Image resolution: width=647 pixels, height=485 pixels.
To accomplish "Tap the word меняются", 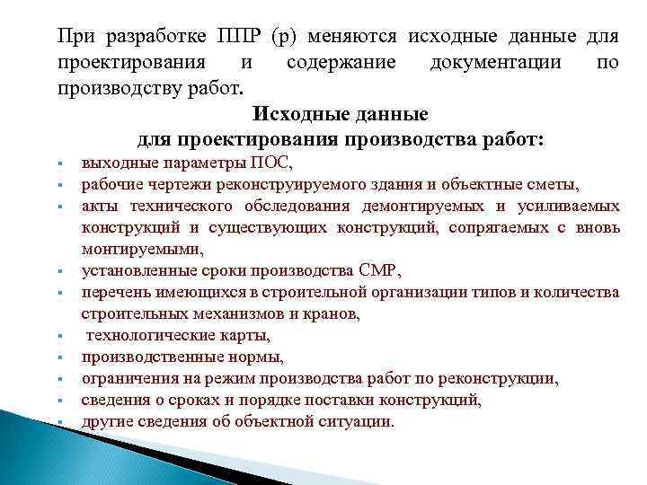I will [354, 37].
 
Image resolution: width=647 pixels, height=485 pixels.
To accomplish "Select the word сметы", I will [555, 185].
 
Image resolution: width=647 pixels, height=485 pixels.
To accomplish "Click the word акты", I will [97, 207].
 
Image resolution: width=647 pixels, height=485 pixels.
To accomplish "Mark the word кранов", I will [337, 313].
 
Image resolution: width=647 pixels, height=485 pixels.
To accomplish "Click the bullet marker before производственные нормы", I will [57, 357].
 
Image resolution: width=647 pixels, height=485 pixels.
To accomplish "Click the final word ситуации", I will [359, 421].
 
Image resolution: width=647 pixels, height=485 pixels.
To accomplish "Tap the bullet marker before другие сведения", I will [57, 422].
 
